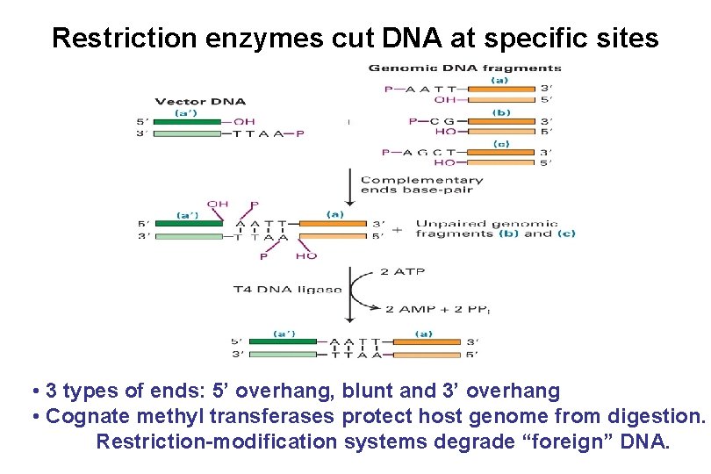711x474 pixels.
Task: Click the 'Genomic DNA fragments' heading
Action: [x=464, y=68]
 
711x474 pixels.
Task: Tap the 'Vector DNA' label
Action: [x=200, y=102]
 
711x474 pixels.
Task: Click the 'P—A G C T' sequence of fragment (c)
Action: [x=420, y=153]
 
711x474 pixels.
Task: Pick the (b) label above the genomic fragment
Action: [x=501, y=111]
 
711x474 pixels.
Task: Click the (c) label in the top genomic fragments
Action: [x=501, y=144]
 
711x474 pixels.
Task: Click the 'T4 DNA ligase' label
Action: [x=287, y=289]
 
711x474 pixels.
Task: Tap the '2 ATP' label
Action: [x=401, y=272]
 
